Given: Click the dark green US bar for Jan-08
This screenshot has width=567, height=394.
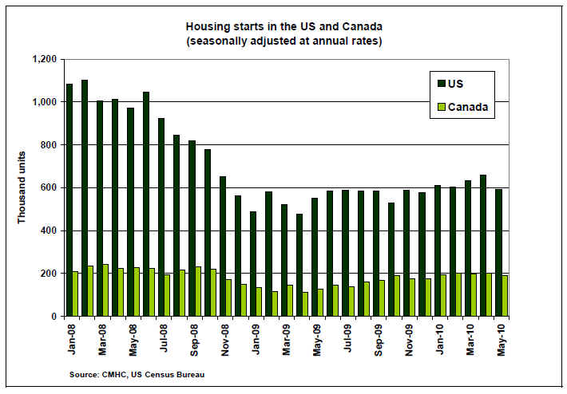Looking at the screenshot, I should coord(69,199).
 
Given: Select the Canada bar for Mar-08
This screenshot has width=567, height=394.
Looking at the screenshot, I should coord(106,290).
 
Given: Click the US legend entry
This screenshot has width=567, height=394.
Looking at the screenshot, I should coord(454,82).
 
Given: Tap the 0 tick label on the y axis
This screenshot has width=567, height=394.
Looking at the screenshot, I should coord(53,317).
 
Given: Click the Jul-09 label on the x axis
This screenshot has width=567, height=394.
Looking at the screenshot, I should coord(346,339).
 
